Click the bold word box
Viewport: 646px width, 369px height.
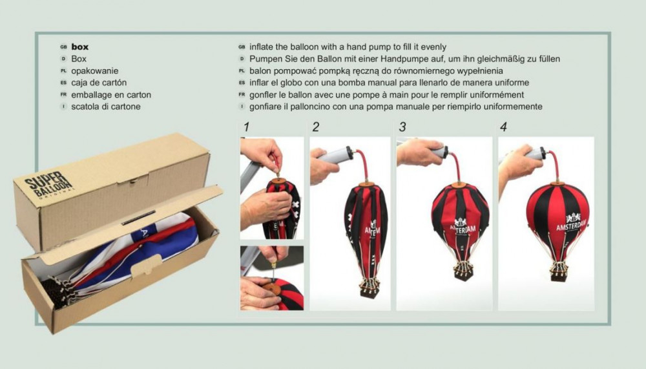point(80,47)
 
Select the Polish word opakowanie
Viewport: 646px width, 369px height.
point(95,71)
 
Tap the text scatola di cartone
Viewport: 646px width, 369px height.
point(106,107)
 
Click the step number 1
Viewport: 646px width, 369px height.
point(246,127)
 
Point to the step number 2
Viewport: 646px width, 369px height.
point(316,127)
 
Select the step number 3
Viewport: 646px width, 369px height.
point(402,127)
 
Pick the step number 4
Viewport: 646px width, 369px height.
point(503,127)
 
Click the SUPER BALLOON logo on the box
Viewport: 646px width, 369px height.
point(48,185)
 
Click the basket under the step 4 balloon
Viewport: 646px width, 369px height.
point(558,273)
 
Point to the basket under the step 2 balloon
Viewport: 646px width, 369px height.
point(370,288)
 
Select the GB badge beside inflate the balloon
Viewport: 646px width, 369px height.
point(242,47)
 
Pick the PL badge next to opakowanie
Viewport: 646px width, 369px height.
point(63,71)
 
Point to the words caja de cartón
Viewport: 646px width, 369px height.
point(99,83)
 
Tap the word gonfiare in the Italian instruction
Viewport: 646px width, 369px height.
point(264,107)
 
